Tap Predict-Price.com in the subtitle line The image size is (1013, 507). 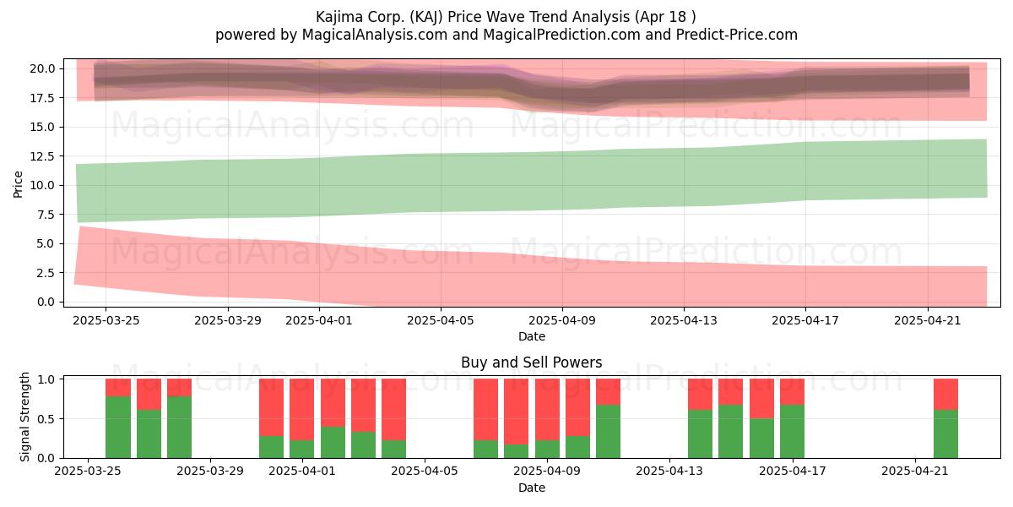[x=736, y=35]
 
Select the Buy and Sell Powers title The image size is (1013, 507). [x=531, y=363]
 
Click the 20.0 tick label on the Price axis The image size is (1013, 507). [x=42, y=68]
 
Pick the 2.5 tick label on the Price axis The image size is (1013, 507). [x=46, y=273]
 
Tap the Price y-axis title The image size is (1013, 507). [x=18, y=184]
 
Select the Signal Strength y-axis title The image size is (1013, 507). [x=24, y=417]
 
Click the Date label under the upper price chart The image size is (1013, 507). [x=531, y=336]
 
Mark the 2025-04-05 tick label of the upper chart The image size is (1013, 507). [x=441, y=320]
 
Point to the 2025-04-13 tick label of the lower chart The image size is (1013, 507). [x=669, y=472]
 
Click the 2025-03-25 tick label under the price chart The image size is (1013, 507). [x=106, y=320]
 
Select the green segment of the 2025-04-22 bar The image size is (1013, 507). [x=946, y=434]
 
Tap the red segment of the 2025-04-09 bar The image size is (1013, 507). [x=547, y=410]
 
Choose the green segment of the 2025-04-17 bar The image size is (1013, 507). [x=792, y=432]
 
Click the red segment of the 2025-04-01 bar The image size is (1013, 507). [x=301, y=410]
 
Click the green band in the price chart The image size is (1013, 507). [x=531, y=181]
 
